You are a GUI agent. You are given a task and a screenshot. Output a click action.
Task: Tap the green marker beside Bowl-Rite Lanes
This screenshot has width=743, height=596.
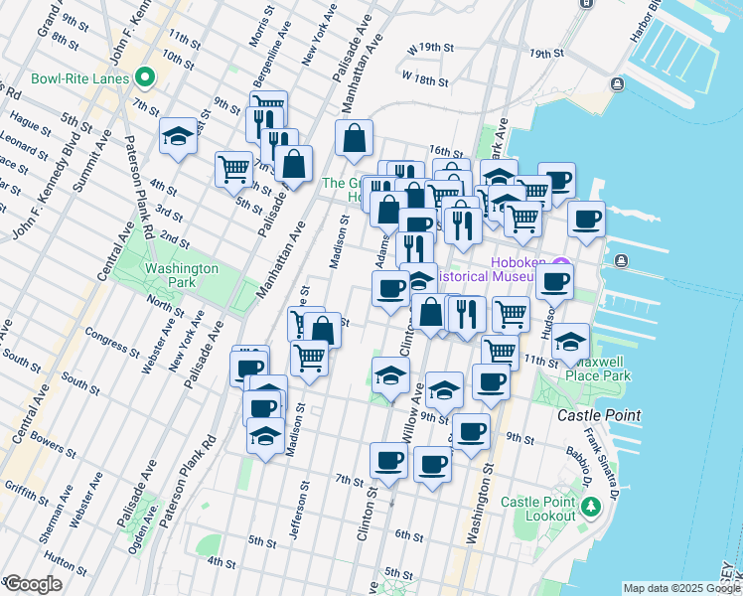click(x=145, y=76)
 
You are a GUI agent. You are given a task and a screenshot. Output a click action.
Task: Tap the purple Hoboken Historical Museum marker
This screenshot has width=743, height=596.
click(x=560, y=265)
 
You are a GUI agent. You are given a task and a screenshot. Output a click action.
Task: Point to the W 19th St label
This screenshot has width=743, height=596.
click(x=429, y=47)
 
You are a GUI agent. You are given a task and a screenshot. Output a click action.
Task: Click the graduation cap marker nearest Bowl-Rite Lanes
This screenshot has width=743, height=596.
click(x=178, y=137)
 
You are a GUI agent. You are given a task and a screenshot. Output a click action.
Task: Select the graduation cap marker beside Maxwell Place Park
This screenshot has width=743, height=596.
click(x=571, y=343)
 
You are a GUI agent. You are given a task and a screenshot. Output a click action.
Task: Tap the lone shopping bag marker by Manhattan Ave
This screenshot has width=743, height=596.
click(x=354, y=139)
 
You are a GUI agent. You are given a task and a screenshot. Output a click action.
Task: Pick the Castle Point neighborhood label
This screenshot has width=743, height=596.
click(x=599, y=415)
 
